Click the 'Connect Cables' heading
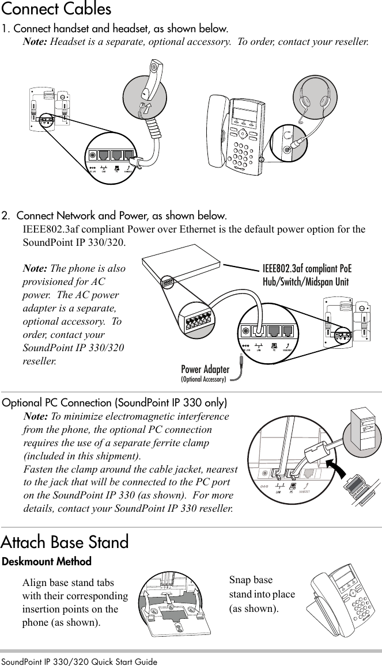(x=56, y=10)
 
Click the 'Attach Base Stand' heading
(x=65, y=542)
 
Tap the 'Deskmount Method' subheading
(x=47, y=561)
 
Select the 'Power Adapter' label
(x=205, y=369)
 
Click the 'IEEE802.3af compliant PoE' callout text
(x=307, y=269)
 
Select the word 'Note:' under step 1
(x=35, y=43)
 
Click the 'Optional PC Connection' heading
(x=115, y=402)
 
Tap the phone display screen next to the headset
(x=246, y=108)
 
